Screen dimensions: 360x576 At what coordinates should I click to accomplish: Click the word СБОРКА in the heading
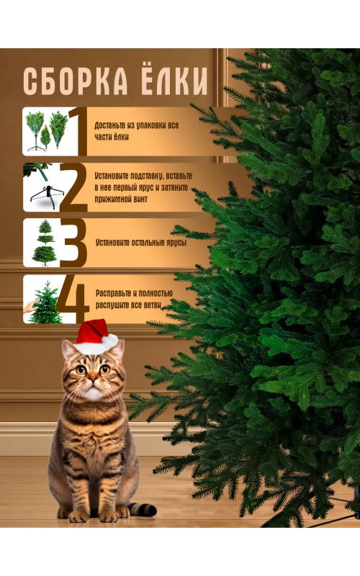tap(76, 81)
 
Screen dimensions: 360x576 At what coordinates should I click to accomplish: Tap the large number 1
tap(78, 131)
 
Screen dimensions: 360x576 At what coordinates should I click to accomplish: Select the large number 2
tap(73, 188)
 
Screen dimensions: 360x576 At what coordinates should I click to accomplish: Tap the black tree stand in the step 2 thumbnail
tap(47, 197)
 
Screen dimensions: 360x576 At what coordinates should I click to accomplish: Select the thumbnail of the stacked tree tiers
tap(44, 243)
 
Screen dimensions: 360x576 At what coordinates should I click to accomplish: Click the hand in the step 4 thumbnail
tap(30, 305)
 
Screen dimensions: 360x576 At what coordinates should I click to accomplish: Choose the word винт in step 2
tap(139, 199)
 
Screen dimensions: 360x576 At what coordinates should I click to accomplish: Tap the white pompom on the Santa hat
tap(110, 341)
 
